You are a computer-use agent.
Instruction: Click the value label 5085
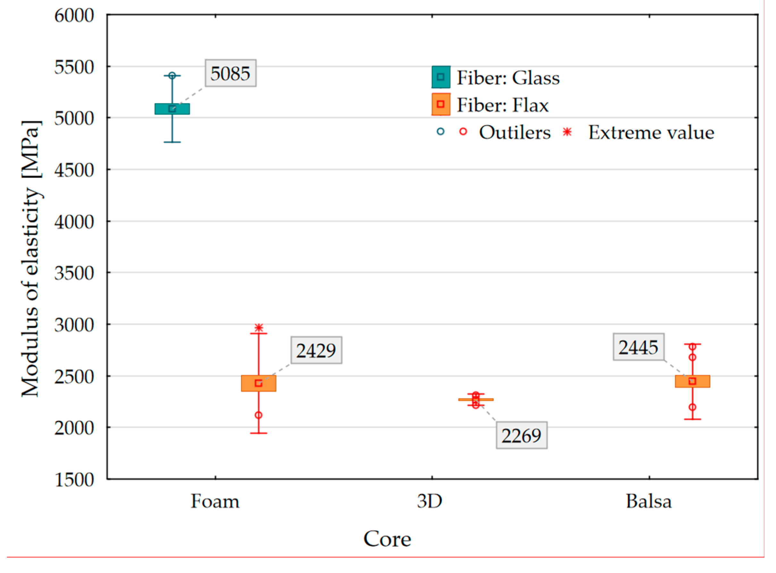[231, 73]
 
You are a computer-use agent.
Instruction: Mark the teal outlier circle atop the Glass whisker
[173, 76]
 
